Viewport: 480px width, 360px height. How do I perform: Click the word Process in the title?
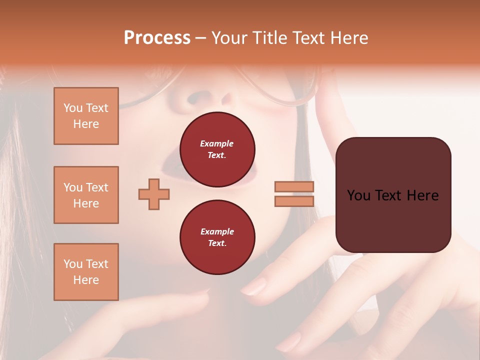(157, 37)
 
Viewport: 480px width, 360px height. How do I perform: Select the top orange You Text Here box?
(86, 116)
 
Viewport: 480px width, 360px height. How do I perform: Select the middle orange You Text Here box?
(86, 195)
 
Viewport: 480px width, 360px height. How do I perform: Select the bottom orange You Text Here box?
(86, 272)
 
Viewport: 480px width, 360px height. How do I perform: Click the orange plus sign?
(154, 194)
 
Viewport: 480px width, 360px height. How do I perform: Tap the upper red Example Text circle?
(217, 149)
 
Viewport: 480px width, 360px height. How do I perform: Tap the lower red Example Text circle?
(217, 237)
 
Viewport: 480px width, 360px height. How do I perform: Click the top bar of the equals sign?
(294, 187)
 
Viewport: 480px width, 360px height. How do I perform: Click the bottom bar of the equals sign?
(294, 201)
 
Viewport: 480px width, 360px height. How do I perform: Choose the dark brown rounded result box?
(393, 220)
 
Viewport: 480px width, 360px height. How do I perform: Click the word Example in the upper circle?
(217, 143)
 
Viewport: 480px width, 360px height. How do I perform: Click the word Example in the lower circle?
(217, 231)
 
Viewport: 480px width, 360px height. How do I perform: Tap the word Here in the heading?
(348, 37)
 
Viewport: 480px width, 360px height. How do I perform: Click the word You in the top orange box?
(73, 108)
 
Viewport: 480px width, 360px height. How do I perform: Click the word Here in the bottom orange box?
(86, 280)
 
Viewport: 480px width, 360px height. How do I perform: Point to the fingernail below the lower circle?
(255, 287)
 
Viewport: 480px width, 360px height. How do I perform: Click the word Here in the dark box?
(423, 195)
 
